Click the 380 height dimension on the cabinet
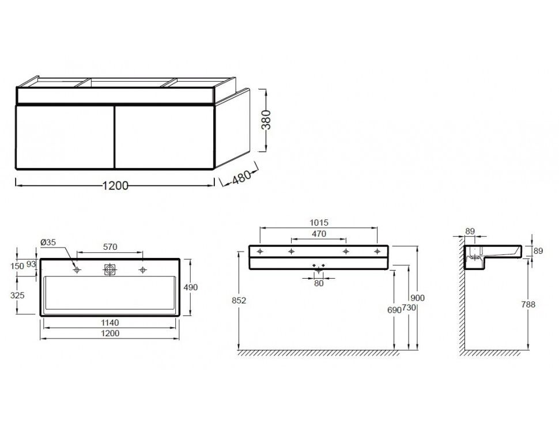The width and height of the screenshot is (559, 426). (266, 120)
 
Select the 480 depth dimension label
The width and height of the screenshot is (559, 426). (241, 177)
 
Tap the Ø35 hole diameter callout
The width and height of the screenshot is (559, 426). (48, 242)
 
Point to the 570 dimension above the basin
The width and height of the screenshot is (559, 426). (110, 246)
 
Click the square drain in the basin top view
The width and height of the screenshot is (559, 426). (110, 269)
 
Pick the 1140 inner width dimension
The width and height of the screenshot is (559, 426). (110, 323)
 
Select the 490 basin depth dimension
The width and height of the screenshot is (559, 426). (191, 287)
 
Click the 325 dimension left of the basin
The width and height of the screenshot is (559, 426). (17, 295)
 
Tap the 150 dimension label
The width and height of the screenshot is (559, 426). (17, 266)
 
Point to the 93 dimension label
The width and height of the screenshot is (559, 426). (31, 264)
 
